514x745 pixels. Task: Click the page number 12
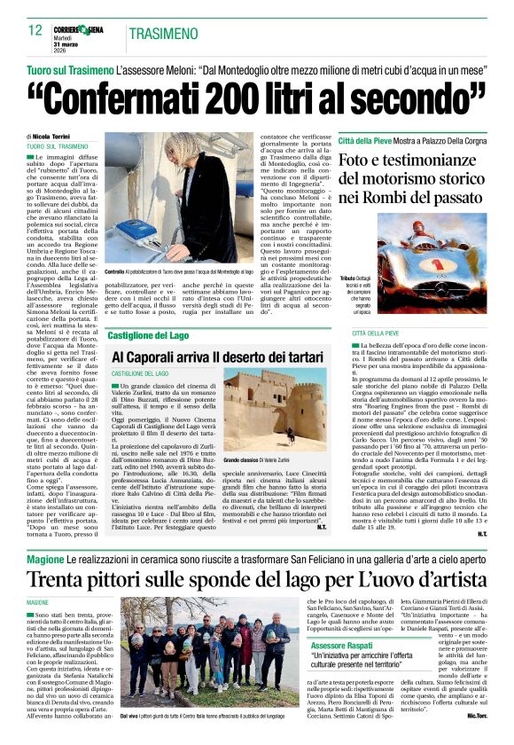pos(35,30)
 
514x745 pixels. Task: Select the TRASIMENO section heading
pos(163,34)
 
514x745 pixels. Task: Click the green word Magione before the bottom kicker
pos(44,560)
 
